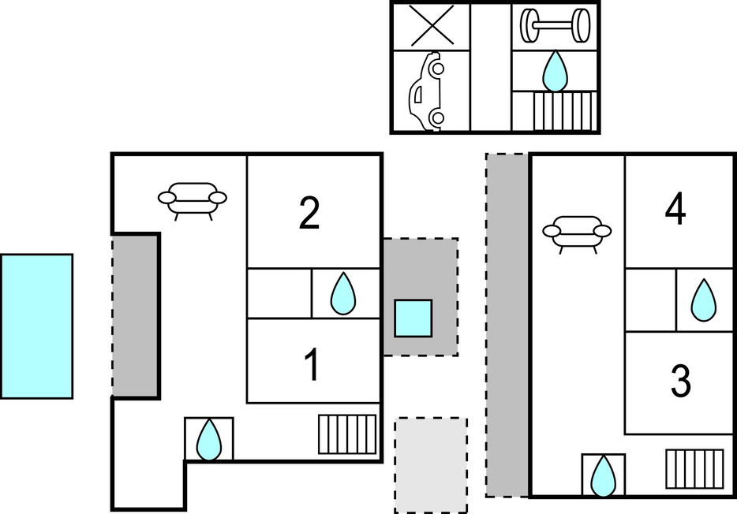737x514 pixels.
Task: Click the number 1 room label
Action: tap(313, 365)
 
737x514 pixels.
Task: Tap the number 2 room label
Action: tap(309, 213)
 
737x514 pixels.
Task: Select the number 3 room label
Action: tap(680, 381)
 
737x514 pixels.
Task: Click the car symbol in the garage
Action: tap(426, 92)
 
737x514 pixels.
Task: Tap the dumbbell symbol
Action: tap(555, 26)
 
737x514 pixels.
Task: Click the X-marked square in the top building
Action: tap(431, 26)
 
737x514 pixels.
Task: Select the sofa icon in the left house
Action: tap(193, 199)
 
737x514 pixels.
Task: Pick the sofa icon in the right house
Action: tap(577, 232)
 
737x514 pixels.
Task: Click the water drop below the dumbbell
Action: tap(555, 71)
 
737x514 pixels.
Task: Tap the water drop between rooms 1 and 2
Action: tap(343, 294)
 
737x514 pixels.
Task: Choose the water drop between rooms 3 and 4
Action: tap(703, 300)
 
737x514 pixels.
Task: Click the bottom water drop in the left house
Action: tap(209, 439)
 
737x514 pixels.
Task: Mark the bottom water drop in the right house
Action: tap(604, 475)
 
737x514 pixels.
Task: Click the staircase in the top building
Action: tap(563, 111)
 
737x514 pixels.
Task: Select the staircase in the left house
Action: tap(347, 434)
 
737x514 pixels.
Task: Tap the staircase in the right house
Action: tap(694, 468)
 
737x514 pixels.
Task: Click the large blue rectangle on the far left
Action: tap(36, 326)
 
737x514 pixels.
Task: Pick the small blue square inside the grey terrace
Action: tap(413, 318)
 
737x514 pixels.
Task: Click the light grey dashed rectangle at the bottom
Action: tap(431, 465)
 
